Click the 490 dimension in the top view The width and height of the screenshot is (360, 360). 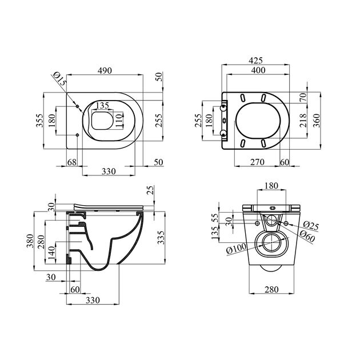pos(103,70)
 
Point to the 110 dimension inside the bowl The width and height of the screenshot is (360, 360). pos(119,121)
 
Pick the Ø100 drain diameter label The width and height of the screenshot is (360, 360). pos(235,250)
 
